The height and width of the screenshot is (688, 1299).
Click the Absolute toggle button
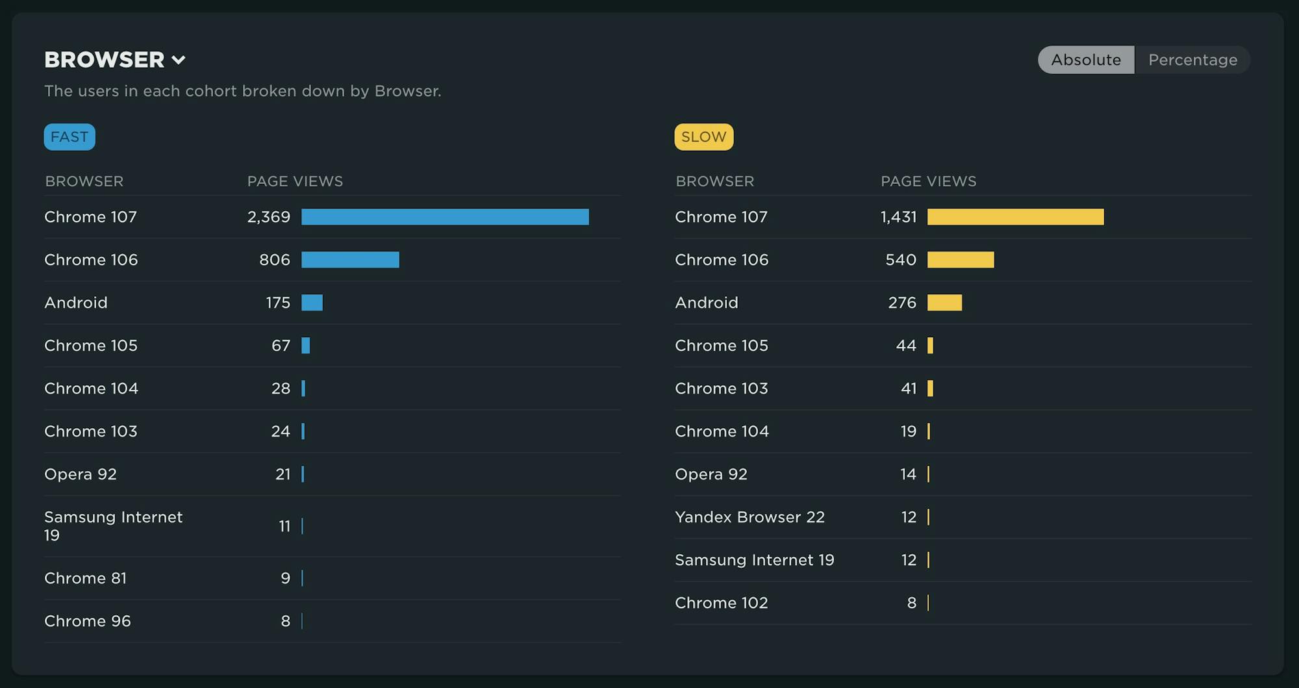(x=1086, y=60)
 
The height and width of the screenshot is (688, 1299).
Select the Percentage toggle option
(x=1192, y=60)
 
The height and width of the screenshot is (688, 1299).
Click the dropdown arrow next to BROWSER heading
(x=179, y=60)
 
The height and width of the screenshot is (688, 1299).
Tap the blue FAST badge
(x=69, y=137)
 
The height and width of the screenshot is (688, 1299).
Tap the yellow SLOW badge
(x=703, y=137)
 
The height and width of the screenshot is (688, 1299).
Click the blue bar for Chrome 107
(x=445, y=217)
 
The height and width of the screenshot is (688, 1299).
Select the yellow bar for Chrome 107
(x=1015, y=217)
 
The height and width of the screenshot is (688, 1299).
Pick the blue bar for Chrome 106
(x=350, y=260)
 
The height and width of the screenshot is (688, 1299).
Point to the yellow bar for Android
(x=944, y=303)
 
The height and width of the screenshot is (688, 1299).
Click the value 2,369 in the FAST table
(x=268, y=217)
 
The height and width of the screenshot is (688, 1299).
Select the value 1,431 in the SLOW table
(x=898, y=217)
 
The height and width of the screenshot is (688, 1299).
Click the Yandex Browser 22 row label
(x=750, y=517)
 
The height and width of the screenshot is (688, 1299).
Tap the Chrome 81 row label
(x=85, y=578)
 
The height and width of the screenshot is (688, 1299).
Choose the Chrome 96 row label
(x=88, y=621)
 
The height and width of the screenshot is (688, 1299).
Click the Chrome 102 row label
(x=721, y=603)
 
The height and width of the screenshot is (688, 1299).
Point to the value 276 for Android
(x=902, y=303)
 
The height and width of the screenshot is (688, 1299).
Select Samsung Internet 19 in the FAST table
(x=113, y=526)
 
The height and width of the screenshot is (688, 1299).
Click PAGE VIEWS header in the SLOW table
(x=928, y=181)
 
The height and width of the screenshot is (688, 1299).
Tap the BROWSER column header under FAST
(x=84, y=181)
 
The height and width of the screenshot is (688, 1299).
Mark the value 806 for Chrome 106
(x=274, y=260)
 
